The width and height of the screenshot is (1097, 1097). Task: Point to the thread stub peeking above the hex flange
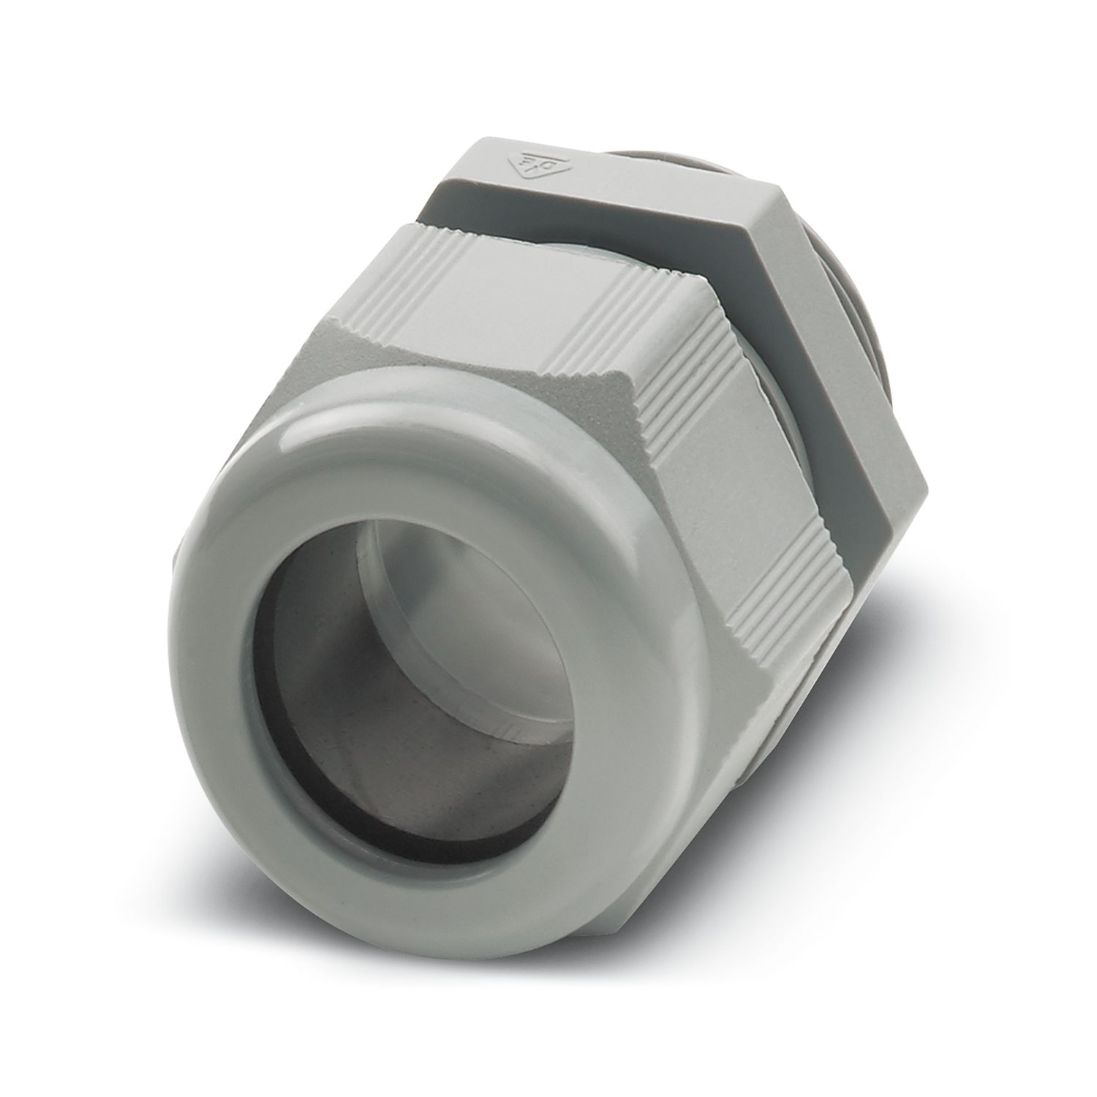click(622, 143)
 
